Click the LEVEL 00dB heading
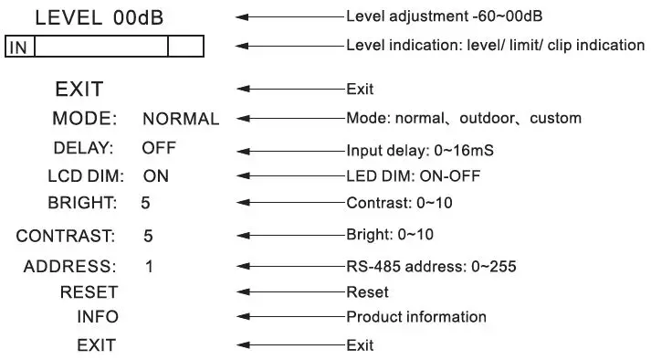[100, 16]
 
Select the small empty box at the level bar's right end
[185, 47]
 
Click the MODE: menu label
[85, 119]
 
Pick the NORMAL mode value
[181, 119]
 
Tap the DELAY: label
[83, 147]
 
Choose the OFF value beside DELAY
[159, 147]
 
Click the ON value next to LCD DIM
[156, 176]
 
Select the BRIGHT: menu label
[83, 202]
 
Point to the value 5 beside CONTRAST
[148, 236]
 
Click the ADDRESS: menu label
[70, 267]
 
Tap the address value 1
[149, 267]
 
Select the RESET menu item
[89, 292]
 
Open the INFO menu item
[97, 317]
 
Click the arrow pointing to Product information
[290, 317]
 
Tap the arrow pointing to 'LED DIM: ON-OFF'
[290, 176]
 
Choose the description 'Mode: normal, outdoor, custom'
[464, 119]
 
